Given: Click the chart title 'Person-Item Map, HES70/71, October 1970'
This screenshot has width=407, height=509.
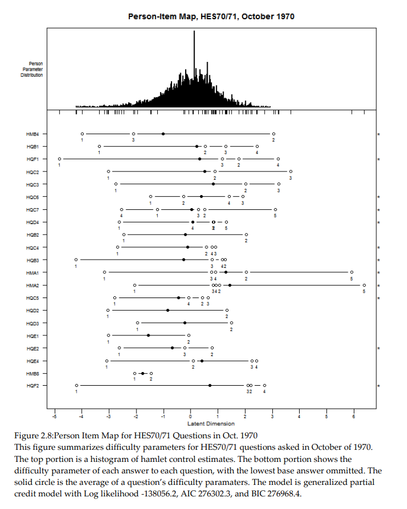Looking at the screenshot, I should click(x=211, y=16).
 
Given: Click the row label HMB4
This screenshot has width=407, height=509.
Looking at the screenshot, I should click(x=32, y=134).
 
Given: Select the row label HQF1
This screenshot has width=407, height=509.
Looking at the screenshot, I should click(x=32, y=159).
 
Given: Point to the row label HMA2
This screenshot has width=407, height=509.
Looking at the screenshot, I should click(x=32, y=285).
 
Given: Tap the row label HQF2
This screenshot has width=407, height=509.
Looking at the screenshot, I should click(x=32, y=386).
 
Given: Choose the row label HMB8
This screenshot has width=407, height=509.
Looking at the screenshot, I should click(x=32, y=374).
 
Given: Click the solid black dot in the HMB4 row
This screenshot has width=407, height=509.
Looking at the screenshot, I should click(x=163, y=134).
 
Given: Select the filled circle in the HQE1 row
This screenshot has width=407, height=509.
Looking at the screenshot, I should click(x=148, y=335).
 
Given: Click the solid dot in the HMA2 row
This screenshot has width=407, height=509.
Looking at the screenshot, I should click(x=230, y=285).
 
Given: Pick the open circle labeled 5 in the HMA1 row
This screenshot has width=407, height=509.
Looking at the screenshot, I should click(x=352, y=272).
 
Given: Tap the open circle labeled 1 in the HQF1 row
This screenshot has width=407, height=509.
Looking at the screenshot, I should click(x=60, y=159).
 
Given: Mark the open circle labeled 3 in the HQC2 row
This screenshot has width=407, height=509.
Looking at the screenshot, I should click(x=291, y=171).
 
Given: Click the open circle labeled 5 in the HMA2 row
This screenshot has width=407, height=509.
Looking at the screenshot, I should click(x=364, y=285).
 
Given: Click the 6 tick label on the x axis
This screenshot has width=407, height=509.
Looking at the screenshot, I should click(x=354, y=418).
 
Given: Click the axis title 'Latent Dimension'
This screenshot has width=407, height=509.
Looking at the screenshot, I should click(x=211, y=424).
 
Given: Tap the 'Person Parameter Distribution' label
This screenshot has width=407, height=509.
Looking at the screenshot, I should click(x=33, y=70).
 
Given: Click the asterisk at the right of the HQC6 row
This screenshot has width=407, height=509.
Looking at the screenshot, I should click(x=379, y=197).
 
